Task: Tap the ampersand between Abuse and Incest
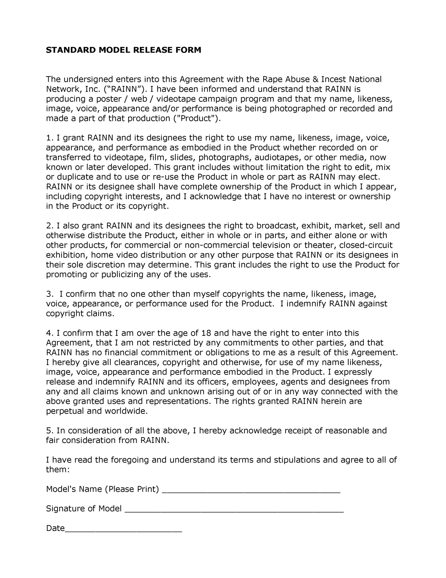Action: coord(316,79)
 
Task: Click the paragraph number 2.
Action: coord(49,226)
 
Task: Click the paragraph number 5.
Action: coord(49,430)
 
